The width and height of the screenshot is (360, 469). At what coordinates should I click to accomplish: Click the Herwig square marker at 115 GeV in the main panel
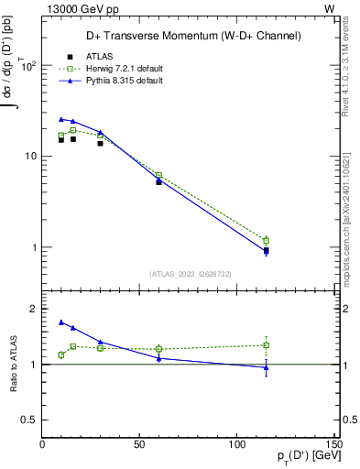click(x=266, y=241)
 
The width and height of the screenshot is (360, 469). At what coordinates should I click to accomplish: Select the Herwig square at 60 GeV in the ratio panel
click(x=159, y=349)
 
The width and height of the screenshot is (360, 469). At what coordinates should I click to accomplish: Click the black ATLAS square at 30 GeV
click(x=101, y=143)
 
